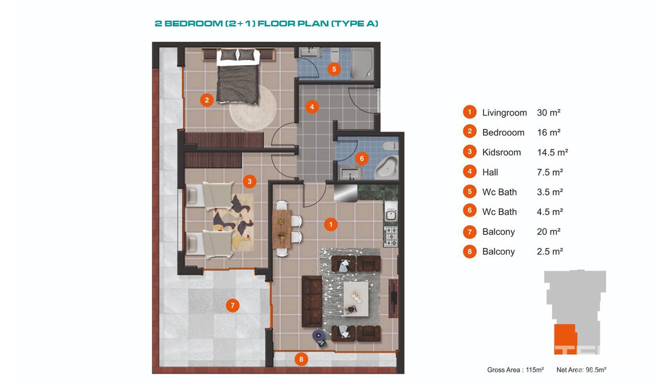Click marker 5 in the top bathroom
(334, 69)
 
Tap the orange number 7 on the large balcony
(232, 305)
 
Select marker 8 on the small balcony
(301, 359)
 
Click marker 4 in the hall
(312, 107)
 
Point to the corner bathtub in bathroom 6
(387, 167)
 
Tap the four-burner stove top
(391, 237)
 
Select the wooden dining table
(282, 228)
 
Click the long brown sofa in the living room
(312, 301)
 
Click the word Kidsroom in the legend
(501, 153)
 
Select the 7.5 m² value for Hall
(550, 172)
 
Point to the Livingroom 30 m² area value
(548, 112)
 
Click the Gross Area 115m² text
(516, 370)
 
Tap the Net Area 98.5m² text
(581, 370)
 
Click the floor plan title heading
(266, 24)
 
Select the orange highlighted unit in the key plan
(565, 339)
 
